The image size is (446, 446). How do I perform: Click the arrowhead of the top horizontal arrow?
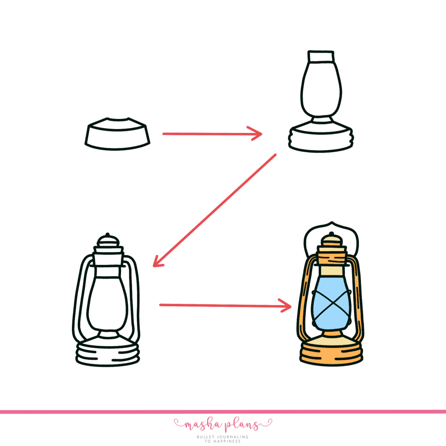coord(257,134)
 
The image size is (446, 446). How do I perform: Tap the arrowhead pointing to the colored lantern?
coord(287,306)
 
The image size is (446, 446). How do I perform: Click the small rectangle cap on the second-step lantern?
coord(321,57)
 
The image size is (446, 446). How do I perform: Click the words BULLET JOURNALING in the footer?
coord(223,437)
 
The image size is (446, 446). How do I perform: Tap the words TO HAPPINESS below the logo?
coord(223,442)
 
